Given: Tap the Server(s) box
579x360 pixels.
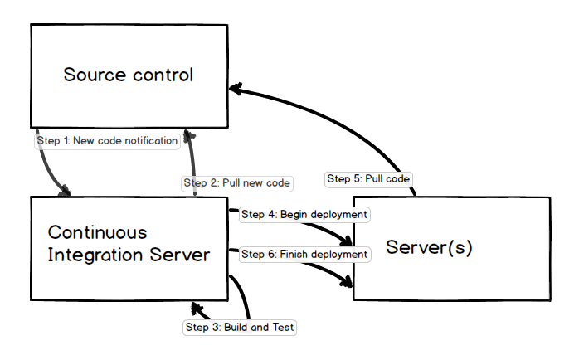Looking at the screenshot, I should point(451,248).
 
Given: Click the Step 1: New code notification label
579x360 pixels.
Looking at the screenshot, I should point(108,141).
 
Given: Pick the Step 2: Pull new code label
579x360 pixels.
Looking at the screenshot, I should point(237,182).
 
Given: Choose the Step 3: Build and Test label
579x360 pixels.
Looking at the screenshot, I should point(239,327).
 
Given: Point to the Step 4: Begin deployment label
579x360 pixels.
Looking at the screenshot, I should point(304,215).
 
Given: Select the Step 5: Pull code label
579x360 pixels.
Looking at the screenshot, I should point(368,178).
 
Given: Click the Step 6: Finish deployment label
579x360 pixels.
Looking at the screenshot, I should point(304,254).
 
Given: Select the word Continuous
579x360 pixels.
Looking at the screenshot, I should point(97,232).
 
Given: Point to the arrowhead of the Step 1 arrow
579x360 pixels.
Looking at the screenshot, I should point(65,192).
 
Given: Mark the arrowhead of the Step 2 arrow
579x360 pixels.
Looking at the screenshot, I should point(189,134).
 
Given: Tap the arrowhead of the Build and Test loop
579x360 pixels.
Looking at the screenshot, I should point(196,309).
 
